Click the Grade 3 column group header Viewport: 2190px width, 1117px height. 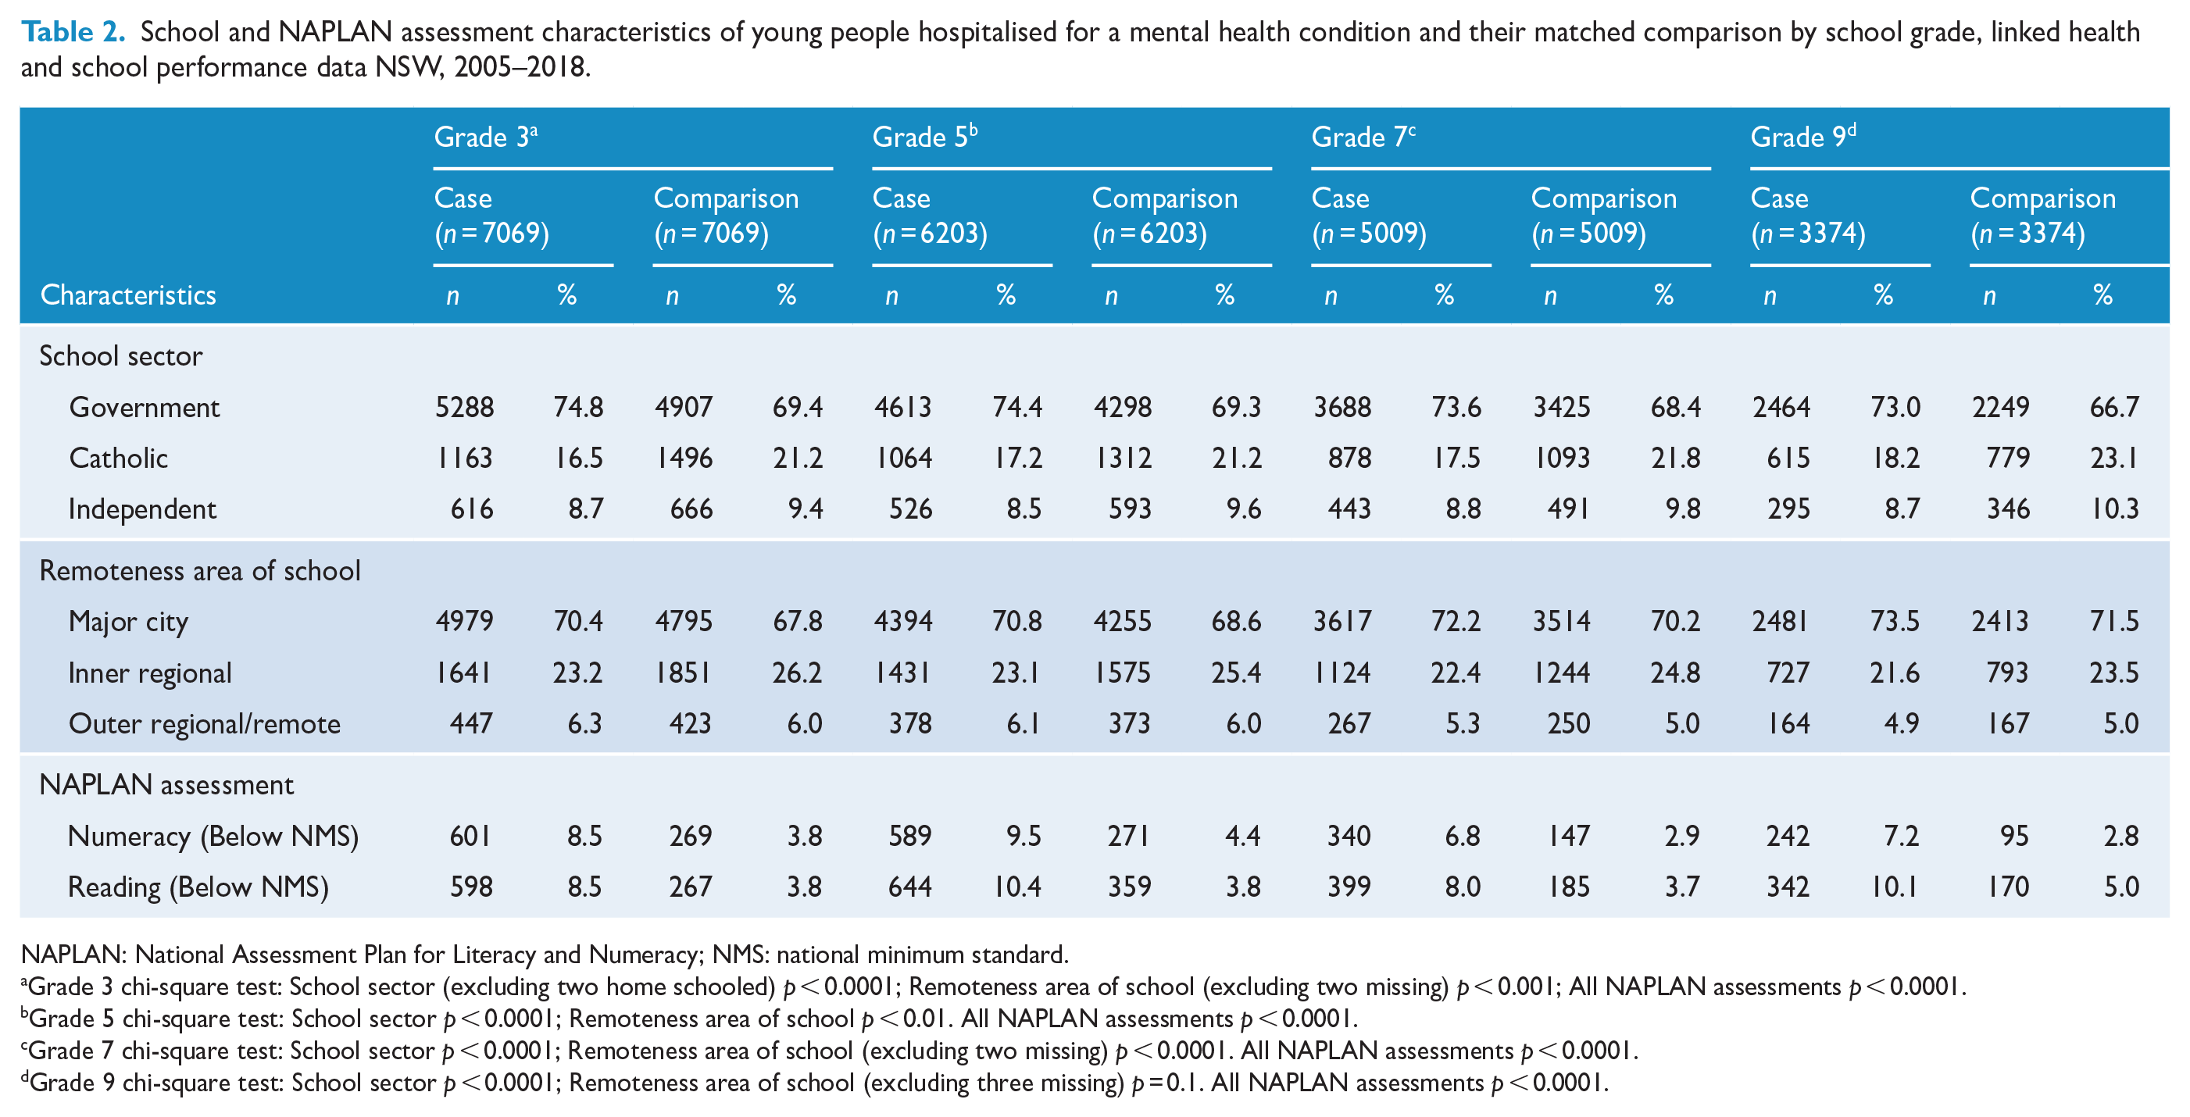tap(485, 137)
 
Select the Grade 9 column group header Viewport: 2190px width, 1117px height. tap(1803, 137)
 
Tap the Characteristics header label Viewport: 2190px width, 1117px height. tap(128, 295)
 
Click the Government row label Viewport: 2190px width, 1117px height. tap(145, 407)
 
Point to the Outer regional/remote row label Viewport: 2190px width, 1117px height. tap(205, 723)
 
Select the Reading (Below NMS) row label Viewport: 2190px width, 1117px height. tap(198, 887)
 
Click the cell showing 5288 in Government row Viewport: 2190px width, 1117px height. tap(464, 407)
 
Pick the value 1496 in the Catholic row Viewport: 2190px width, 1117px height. tap(684, 459)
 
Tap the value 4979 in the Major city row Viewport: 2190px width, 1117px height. tap(464, 622)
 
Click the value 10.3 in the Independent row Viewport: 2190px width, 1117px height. tap(2114, 509)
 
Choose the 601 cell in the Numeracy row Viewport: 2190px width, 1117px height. tap(470, 836)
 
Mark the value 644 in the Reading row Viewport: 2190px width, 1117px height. tap(909, 887)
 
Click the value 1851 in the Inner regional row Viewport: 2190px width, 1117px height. tap(684, 673)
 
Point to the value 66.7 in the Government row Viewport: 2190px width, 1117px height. tap(2114, 407)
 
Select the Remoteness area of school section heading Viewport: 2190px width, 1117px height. tap(200, 570)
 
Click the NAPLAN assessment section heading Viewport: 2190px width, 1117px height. tap(166, 784)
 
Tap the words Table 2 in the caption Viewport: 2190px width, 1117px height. tap(73, 31)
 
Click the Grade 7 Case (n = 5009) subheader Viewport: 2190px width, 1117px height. tap(1369, 215)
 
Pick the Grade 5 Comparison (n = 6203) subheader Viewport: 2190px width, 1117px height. tap(1165, 215)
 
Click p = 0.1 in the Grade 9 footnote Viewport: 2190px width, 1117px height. tap(1166, 1083)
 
